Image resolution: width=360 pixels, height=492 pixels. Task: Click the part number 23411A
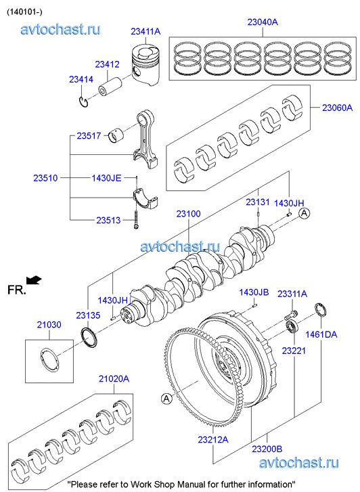pos(145,31)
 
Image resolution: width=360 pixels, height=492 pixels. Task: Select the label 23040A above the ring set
pos(263,22)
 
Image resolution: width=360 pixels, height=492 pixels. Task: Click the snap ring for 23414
pos(83,102)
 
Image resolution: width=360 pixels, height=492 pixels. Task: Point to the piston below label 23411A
pos(145,65)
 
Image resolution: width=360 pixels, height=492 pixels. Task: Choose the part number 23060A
pos(338,108)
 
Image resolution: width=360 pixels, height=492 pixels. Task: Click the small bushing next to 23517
pos(116,135)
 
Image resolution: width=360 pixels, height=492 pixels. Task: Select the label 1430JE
pos(106,178)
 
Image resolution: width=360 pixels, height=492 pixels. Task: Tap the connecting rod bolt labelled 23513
pos(136,219)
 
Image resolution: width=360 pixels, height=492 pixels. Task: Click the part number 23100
pos(188,214)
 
